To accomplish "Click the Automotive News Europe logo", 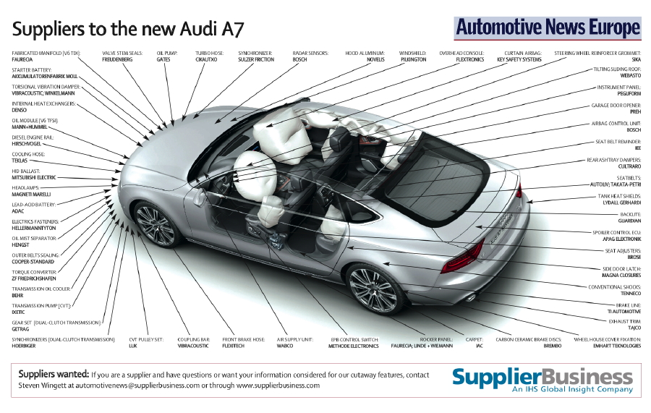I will (x=548, y=28).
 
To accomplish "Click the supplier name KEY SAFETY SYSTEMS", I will (x=519, y=60).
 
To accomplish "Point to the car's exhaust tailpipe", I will (x=468, y=297).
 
